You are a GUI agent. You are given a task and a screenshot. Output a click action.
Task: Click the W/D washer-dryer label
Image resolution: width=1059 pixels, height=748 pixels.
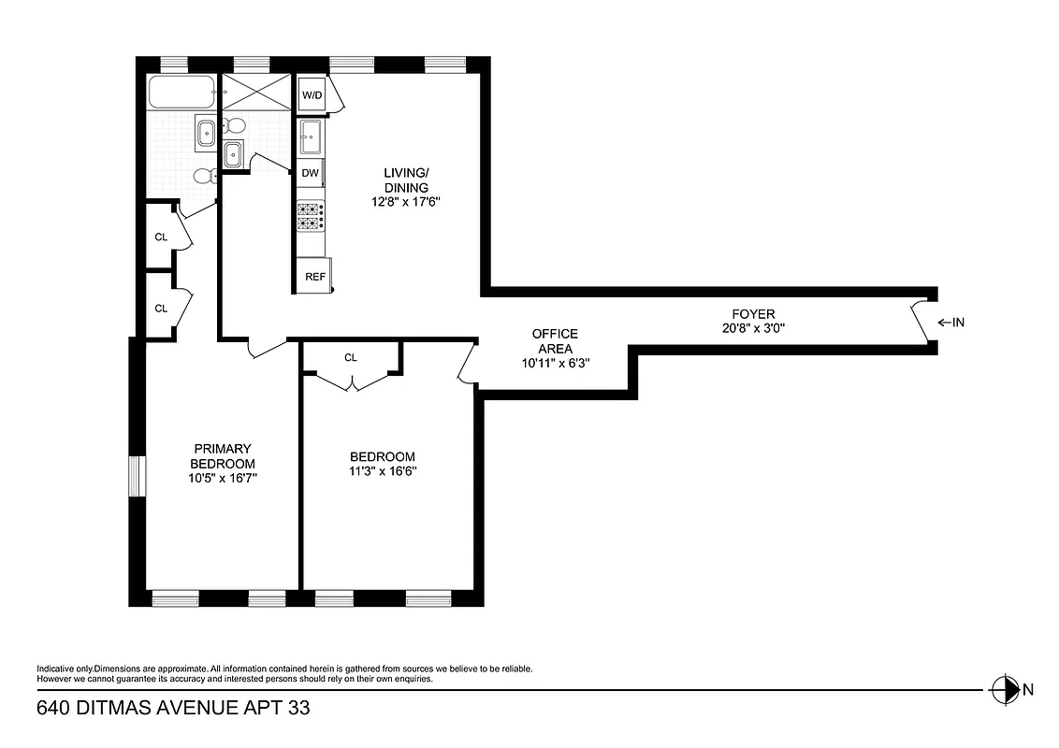click(x=310, y=94)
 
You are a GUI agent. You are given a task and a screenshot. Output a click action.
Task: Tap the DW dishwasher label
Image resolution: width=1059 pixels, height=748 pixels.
click(x=310, y=173)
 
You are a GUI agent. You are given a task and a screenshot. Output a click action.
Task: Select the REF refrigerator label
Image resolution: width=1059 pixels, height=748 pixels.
click(x=315, y=277)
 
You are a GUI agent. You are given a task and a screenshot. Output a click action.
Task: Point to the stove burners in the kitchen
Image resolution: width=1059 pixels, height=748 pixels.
click(x=311, y=217)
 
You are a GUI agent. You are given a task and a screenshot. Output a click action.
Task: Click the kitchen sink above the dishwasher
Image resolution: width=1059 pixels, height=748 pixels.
click(x=311, y=137)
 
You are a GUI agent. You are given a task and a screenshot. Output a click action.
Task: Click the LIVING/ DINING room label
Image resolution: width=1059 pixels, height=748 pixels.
click(x=406, y=180)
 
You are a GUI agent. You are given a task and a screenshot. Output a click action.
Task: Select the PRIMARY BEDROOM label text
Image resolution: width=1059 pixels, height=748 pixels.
click(x=222, y=456)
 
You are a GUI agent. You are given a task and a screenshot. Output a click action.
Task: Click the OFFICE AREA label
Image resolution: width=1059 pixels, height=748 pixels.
click(x=555, y=341)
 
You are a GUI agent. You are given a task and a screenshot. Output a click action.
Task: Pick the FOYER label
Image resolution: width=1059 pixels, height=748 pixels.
click(x=753, y=314)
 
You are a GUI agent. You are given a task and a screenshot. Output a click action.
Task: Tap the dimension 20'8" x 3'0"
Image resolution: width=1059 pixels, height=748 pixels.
click(x=753, y=328)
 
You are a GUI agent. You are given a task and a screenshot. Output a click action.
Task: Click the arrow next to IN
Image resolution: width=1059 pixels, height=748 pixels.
click(x=943, y=323)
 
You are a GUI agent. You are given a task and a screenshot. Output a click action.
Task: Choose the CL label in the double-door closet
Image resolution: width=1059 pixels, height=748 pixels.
click(x=351, y=357)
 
